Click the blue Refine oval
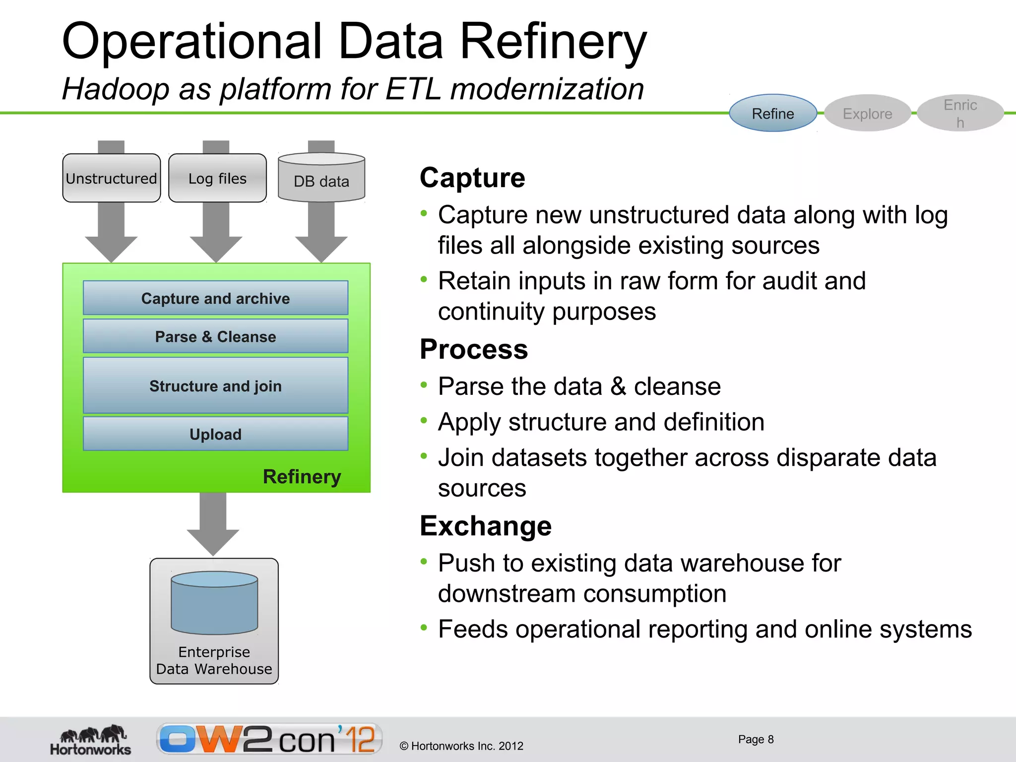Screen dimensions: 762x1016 pos(772,113)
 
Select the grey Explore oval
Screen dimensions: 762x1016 pos(867,113)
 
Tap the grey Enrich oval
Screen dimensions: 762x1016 pos(960,113)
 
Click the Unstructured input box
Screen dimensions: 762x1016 pos(111,178)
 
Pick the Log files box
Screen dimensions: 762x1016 pos(217,178)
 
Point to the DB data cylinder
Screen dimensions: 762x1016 pos(321,179)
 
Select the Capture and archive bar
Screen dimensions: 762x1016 pos(215,298)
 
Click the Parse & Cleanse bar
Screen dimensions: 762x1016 pos(215,336)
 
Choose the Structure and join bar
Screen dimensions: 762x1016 pos(215,385)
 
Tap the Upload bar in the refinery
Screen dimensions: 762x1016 pos(215,434)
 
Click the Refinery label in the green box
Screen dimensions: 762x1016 pos(302,476)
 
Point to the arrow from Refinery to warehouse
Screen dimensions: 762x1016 pos(213,523)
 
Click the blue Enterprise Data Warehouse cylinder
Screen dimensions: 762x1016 pos(214,603)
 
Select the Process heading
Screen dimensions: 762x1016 pos(473,349)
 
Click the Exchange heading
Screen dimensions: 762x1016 pos(485,526)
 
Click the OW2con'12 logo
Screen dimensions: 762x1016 pos(269,739)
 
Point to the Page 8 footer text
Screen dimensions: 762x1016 pos(756,739)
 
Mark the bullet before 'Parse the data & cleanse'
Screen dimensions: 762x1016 pos(423,384)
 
